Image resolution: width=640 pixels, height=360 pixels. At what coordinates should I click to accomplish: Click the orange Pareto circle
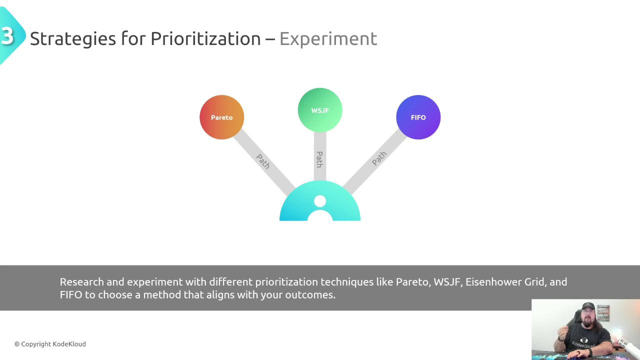221,117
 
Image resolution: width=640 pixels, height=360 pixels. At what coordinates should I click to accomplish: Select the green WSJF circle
320,110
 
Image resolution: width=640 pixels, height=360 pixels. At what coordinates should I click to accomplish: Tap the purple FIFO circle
418,117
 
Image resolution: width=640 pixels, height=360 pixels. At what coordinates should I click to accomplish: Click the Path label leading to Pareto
263,161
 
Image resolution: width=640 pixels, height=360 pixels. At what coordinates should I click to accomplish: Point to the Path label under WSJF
319,159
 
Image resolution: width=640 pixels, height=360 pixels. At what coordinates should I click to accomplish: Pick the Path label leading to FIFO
379,158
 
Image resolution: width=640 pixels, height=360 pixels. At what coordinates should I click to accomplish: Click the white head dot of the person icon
320,201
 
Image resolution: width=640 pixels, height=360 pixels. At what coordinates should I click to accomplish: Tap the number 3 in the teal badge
7,36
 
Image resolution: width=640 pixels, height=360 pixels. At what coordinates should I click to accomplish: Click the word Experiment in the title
328,39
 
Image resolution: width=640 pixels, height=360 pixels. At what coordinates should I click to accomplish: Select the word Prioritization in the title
205,38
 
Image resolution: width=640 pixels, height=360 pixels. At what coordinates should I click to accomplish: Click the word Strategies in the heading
73,39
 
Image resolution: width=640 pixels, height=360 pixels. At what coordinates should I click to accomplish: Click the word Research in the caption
81,282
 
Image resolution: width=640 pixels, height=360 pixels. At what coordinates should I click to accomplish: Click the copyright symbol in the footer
17,344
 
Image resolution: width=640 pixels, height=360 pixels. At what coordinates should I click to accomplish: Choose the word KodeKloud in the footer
69,344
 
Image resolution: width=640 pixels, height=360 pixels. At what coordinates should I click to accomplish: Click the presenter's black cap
588,306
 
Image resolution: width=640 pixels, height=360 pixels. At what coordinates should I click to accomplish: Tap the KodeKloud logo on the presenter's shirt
583,342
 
